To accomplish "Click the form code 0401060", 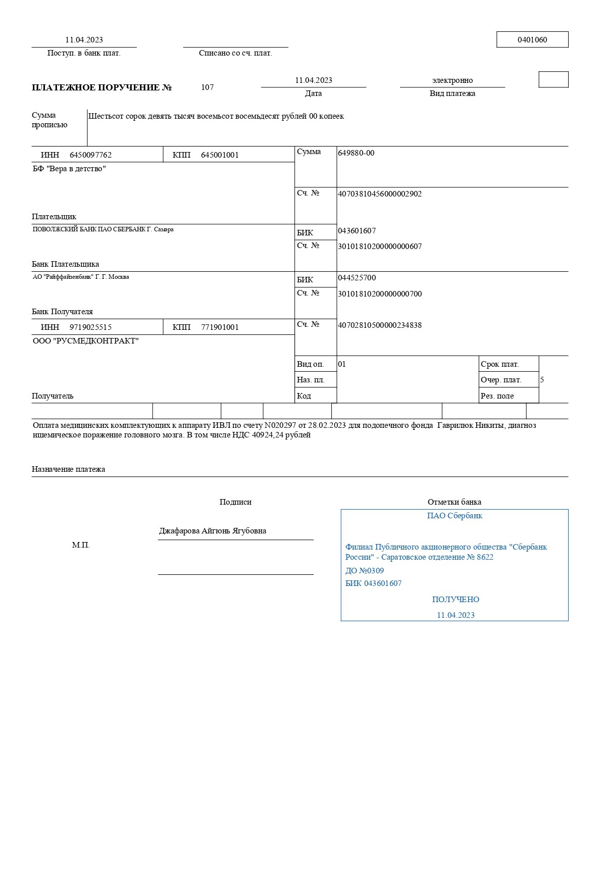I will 532,40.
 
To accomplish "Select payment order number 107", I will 207,87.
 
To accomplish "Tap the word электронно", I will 452,80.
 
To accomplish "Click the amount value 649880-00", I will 356,153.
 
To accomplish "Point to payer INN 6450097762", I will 90,155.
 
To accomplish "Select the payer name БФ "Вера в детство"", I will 69,169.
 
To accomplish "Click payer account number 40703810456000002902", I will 379,194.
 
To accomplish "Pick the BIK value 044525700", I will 357,278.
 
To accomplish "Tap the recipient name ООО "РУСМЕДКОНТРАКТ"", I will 85,341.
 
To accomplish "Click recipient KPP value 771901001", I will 220,327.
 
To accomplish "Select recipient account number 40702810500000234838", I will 379,325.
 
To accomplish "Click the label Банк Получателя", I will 62,312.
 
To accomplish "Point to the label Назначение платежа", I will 68,469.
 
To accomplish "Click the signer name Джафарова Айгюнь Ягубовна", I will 213,531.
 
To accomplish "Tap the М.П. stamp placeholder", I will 81,545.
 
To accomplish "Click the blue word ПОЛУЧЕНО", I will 456,600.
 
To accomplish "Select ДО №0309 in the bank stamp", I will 364,571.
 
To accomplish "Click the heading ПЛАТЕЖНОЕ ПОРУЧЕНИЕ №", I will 102,87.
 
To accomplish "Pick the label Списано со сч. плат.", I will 235,53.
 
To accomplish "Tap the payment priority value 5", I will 542,380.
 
